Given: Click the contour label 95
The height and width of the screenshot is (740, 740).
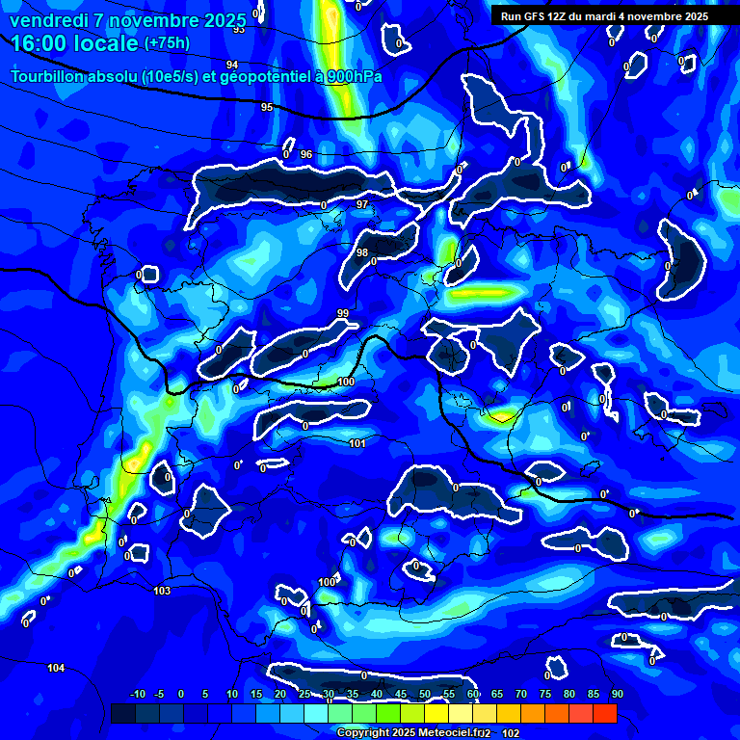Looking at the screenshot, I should click(267, 107).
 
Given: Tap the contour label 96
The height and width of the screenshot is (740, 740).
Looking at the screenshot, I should click(306, 154).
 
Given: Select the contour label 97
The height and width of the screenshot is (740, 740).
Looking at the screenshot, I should click(362, 205).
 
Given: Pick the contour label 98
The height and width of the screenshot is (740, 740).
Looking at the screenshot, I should click(362, 252).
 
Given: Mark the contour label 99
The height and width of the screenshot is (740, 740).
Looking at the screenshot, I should click(343, 313).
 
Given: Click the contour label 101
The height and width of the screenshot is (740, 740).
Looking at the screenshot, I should click(357, 443).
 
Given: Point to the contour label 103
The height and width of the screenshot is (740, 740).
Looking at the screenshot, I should click(162, 590).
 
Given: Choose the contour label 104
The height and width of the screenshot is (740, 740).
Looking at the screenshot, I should click(56, 668).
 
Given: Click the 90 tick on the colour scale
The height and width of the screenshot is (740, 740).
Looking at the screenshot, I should click(617, 694).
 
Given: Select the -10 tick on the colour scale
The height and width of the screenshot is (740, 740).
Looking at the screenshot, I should click(138, 694).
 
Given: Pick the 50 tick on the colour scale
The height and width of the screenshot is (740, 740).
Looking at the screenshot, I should click(425, 694).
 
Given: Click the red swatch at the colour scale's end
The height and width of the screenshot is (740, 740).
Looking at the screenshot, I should click(604, 713).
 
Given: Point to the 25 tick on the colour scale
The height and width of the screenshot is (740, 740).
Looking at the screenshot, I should click(304, 694).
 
